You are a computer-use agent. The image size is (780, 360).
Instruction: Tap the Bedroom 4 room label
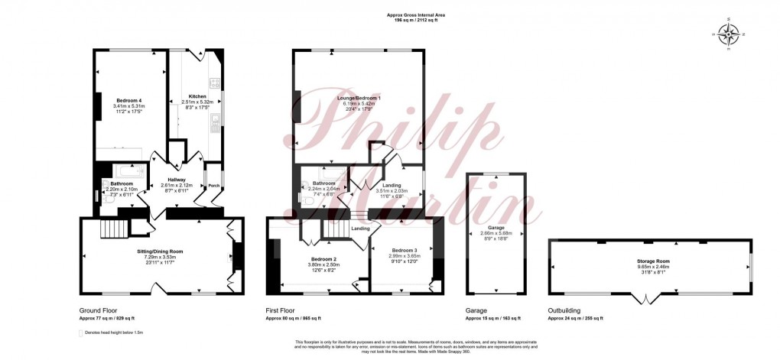[x=128, y=100]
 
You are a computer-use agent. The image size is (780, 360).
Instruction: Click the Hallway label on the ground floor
[x=177, y=180]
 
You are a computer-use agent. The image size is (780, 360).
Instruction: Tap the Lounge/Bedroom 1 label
[x=359, y=99]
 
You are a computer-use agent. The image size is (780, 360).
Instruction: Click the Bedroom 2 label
[x=324, y=260]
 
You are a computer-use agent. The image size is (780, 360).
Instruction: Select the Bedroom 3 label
[x=404, y=251]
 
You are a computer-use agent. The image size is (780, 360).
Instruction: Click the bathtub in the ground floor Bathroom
[x=125, y=171]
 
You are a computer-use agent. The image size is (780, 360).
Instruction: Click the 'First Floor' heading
[x=283, y=311]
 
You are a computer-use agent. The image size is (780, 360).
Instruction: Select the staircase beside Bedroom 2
[x=333, y=227]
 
